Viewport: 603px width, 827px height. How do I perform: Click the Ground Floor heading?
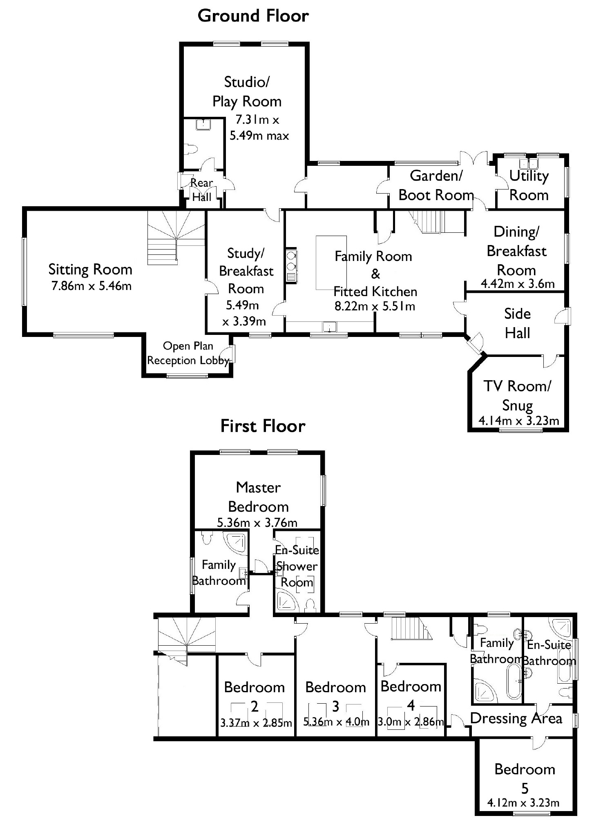pos(253,16)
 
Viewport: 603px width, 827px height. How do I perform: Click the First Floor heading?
pos(263,426)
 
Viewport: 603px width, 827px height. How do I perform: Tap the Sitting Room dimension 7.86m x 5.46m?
pos(92,286)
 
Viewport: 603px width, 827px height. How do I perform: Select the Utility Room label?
pos(529,185)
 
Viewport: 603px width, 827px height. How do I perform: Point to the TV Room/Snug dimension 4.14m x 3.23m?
pos(518,421)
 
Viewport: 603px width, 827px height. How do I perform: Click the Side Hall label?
pos(517,323)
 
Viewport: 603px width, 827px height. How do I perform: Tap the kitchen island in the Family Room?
pos(331,263)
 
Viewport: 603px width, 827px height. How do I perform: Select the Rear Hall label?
pos(202,190)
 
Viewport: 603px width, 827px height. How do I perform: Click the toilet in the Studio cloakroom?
pos(190,149)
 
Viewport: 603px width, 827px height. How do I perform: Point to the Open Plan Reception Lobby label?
pos(188,353)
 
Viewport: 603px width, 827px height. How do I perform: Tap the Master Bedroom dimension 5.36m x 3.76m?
pos(257,523)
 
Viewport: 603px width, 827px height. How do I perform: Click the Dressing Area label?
pos(516,718)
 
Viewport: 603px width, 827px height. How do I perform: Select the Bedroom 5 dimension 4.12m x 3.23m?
pos(523,803)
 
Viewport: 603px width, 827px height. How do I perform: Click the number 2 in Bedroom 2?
pos(255,706)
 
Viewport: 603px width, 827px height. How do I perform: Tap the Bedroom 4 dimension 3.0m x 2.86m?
pos(410,722)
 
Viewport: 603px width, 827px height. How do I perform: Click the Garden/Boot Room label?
pos(436,185)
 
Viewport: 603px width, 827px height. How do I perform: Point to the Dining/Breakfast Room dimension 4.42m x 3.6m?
pos(518,284)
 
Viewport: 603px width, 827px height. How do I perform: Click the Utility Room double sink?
pos(529,163)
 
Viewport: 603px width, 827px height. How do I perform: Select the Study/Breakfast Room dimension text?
pos(244,313)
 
